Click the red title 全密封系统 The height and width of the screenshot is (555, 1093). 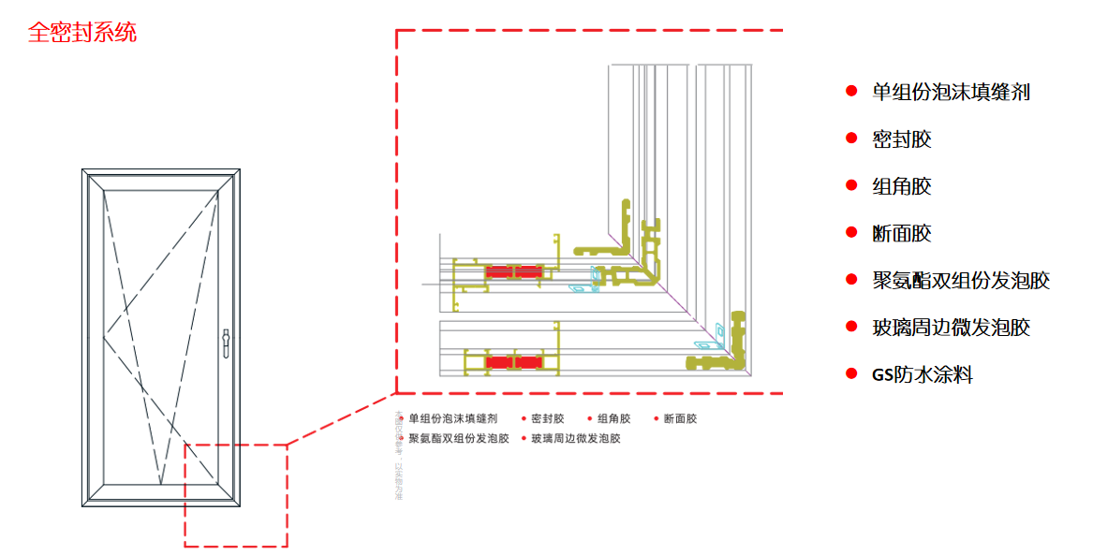[82, 33]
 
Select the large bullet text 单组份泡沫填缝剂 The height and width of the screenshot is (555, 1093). [951, 92]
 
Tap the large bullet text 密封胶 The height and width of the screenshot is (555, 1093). [901, 139]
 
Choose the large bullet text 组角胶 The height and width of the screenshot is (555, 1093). [901, 186]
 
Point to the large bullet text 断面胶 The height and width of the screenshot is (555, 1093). [901, 233]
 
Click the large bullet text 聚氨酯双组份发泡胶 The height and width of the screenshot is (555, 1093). [961, 281]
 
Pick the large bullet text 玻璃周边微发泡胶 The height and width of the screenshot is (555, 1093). [951, 328]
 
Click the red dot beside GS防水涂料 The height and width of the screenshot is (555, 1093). [851, 374]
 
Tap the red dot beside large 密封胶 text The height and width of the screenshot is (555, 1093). [851, 139]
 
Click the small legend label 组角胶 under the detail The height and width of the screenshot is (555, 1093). [614, 419]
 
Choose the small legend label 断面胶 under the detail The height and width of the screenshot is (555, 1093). [680, 419]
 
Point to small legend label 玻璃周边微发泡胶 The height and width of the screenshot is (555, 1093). [575, 438]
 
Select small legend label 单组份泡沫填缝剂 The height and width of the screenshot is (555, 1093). [452, 419]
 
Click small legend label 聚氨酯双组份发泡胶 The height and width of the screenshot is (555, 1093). [458, 438]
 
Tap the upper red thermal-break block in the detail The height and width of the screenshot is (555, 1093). [513, 271]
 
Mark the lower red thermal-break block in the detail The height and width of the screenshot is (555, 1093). [513, 361]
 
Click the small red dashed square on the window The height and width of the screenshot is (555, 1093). [235, 494]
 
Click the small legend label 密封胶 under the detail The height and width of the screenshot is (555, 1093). [548, 419]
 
